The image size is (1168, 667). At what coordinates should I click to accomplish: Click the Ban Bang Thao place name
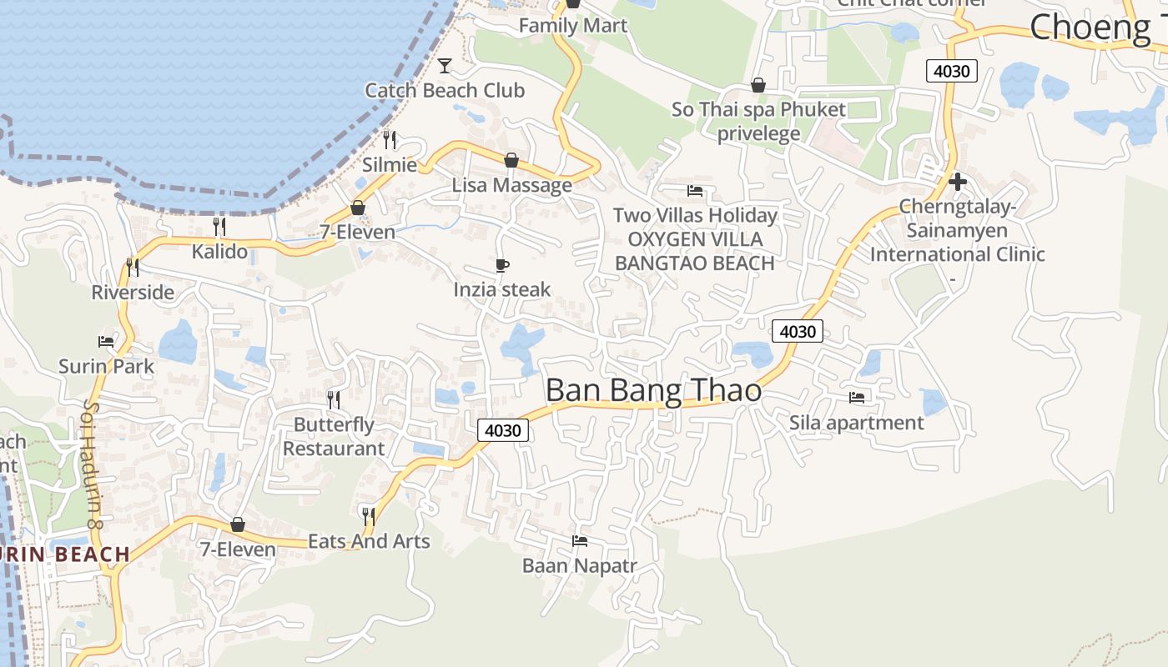pyautogui.click(x=653, y=390)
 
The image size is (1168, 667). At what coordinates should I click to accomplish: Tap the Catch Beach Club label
pyautogui.click(x=445, y=90)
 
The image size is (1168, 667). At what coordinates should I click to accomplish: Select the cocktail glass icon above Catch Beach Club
pyautogui.click(x=445, y=65)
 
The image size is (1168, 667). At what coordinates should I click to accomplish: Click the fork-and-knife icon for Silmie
pyautogui.click(x=390, y=139)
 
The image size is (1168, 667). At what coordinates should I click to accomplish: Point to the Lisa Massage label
pyautogui.click(x=511, y=185)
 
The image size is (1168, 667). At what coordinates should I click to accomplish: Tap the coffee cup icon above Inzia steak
pyautogui.click(x=502, y=265)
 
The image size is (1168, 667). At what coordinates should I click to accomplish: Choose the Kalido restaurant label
pyautogui.click(x=219, y=251)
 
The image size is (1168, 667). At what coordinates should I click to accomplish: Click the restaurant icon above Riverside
pyautogui.click(x=133, y=267)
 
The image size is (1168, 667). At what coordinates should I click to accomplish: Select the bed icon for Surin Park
pyautogui.click(x=106, y=341)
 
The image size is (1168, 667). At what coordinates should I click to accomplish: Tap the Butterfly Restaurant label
pyautogui.click(x=334, y=437)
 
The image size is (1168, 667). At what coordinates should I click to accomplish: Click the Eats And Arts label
pyautogui.click(x=369, y=541)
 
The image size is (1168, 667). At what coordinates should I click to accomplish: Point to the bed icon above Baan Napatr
pyautogui.click(x=580, y=541)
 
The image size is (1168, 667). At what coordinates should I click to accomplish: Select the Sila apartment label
pyautogui.click(x=857, y=423)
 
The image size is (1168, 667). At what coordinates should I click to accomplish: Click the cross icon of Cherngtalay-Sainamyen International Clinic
pyautogui.click(x=958, y=181)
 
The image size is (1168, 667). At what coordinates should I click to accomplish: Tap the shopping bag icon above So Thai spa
pyautogui.click(x=758, y=85)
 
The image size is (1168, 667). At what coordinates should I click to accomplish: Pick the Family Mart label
pyautogui.click(x=572, y=26)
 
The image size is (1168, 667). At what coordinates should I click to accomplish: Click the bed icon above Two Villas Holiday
pyautogui.click(x=695, y=191)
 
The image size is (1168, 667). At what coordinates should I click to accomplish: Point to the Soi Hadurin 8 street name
pyautogui.click(x=92, y=464)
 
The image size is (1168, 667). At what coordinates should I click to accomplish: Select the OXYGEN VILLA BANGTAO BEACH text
pyautogui.click(x=695, y=251)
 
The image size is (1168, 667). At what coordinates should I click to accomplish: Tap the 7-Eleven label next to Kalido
pyautogui.click(x=357, y=232)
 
